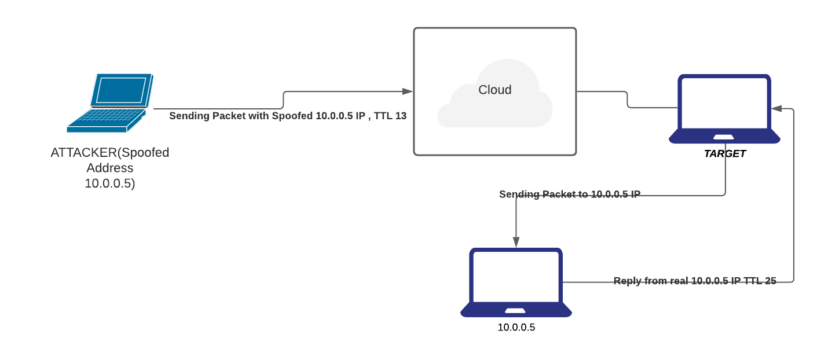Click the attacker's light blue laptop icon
pyautogui.click(x=110, y=102)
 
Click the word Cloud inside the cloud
pyautogui.click(x=494, y=90)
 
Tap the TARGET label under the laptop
pyautogui.click(x=724, y=154)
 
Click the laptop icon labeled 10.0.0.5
pyautogui.click(x=516, y=282)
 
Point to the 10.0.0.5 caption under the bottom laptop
pyautogui.click(x=516, y=328)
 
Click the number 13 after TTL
pyautogui.click(x=401, y=116)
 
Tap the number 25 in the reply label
pyautogui.click(x=770, y=281)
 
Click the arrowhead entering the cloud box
pyautogui.click(x=408, y=91)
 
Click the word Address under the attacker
pyautogui.click(x=110, y=168)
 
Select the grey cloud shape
pyautogui.click(x=494, y=107)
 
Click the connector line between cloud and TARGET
pyautogui.click(x=628, y=99)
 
